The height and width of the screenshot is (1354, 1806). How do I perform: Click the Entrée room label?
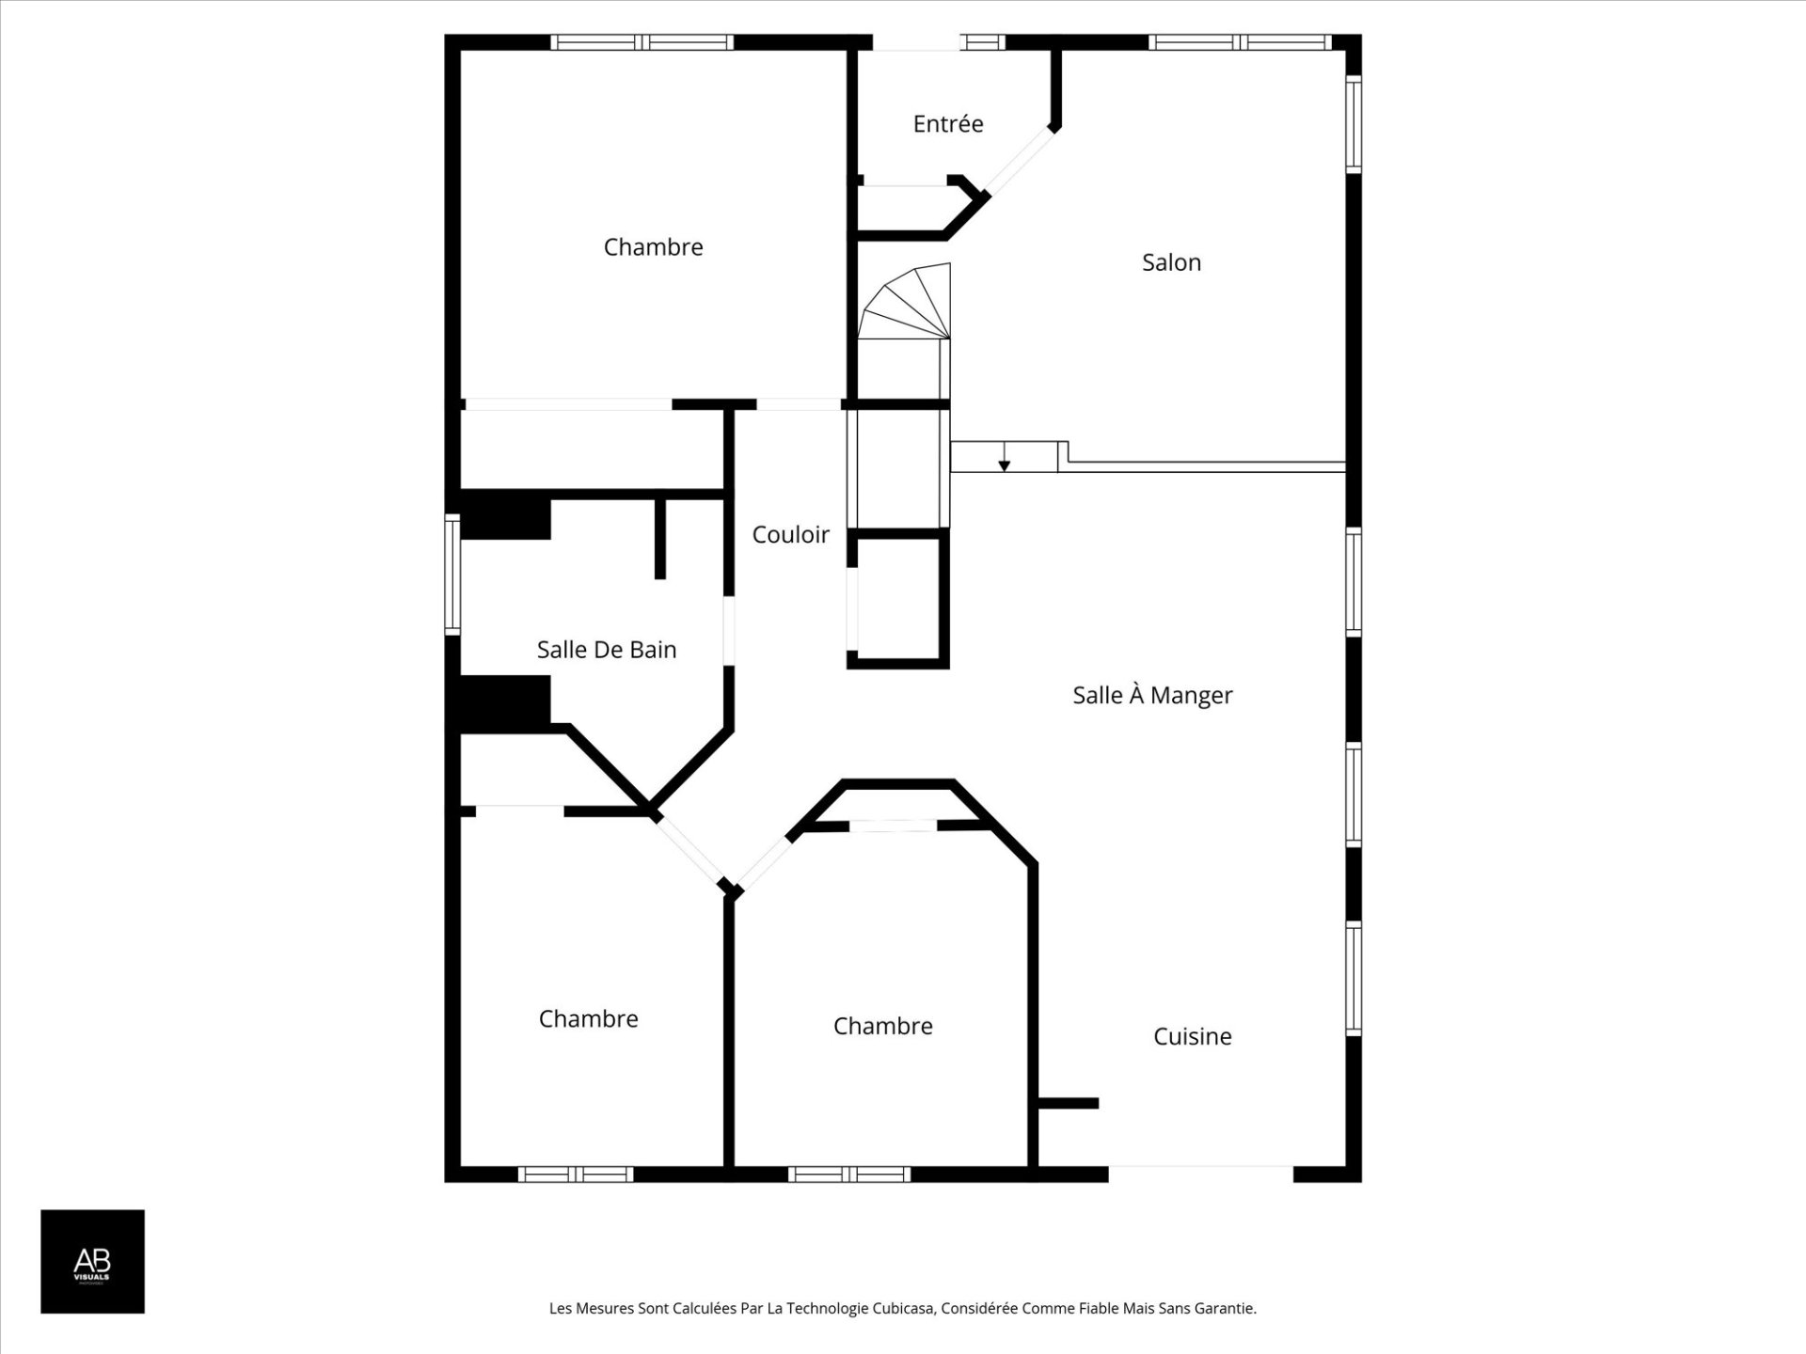coord(948,123)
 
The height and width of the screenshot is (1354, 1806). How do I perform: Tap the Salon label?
coord(1171,262)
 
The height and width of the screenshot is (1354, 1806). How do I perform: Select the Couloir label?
coord(790,535)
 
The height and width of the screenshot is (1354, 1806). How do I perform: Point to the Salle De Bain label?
coord(607,650)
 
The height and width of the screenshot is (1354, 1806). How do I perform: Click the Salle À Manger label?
coord(1152,695)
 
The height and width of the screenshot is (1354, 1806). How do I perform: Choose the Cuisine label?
coord(1193,1036)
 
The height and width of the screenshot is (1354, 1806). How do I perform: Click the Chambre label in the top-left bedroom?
coord(653,247)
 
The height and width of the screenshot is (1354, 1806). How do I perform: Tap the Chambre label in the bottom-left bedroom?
coord(588,1019)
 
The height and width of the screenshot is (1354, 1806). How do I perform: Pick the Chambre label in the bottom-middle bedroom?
coord(882,1026)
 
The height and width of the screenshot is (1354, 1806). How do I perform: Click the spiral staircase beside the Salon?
coord(906,303)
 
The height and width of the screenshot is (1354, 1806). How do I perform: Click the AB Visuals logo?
coord(92,1261)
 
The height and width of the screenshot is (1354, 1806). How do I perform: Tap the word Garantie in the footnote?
coord(1224,1308)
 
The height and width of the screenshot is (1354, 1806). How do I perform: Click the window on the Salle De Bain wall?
coord(452,574)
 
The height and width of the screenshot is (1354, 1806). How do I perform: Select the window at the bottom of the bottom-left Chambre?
coord(576,1174)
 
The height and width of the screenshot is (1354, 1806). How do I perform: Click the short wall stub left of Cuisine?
coord(1067,1103)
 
